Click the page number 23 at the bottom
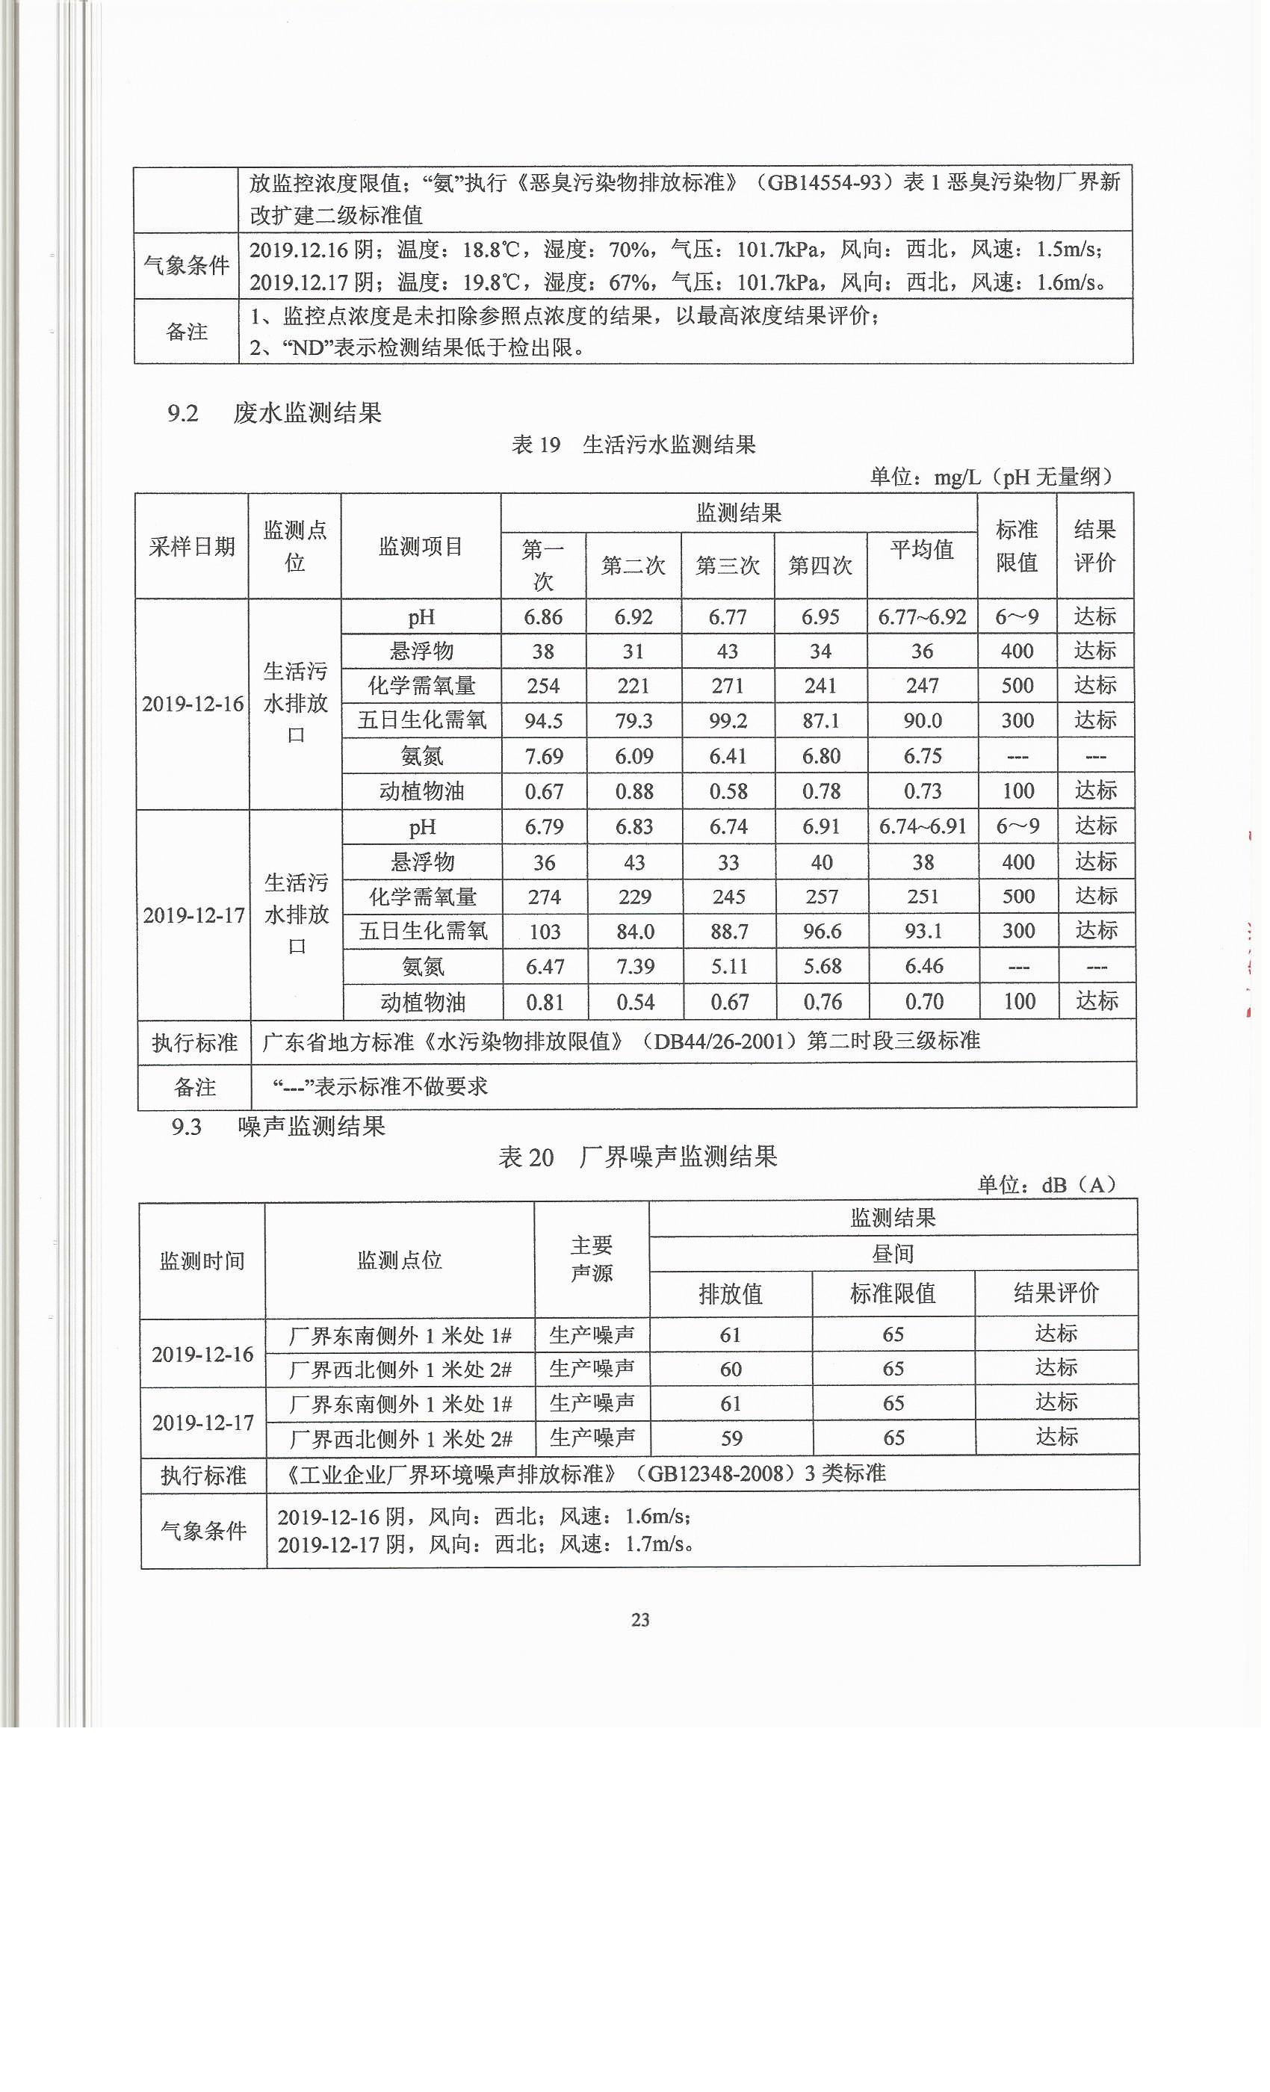(x=640, y=1620)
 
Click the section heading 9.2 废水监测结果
(x=274, y=413)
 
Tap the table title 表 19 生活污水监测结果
(x=634, y=445)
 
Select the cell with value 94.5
(x=543, y=721)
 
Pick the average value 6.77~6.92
(x=922, y=617)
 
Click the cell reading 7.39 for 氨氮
(x=635, y=966)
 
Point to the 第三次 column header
(x=728, y=566)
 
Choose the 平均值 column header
(x=922, y=550)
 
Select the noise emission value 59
(x=731, y=1438)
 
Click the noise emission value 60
(x=730, y=1369)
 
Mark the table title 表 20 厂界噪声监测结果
(x=637, y=1157)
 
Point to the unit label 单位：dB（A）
(x=1046, y=1184)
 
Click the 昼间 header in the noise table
(x=892, y=1253)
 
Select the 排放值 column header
(x=730, y=1294)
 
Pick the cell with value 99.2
(x=728, y=721)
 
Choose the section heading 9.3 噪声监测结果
(x=279, y=1127)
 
